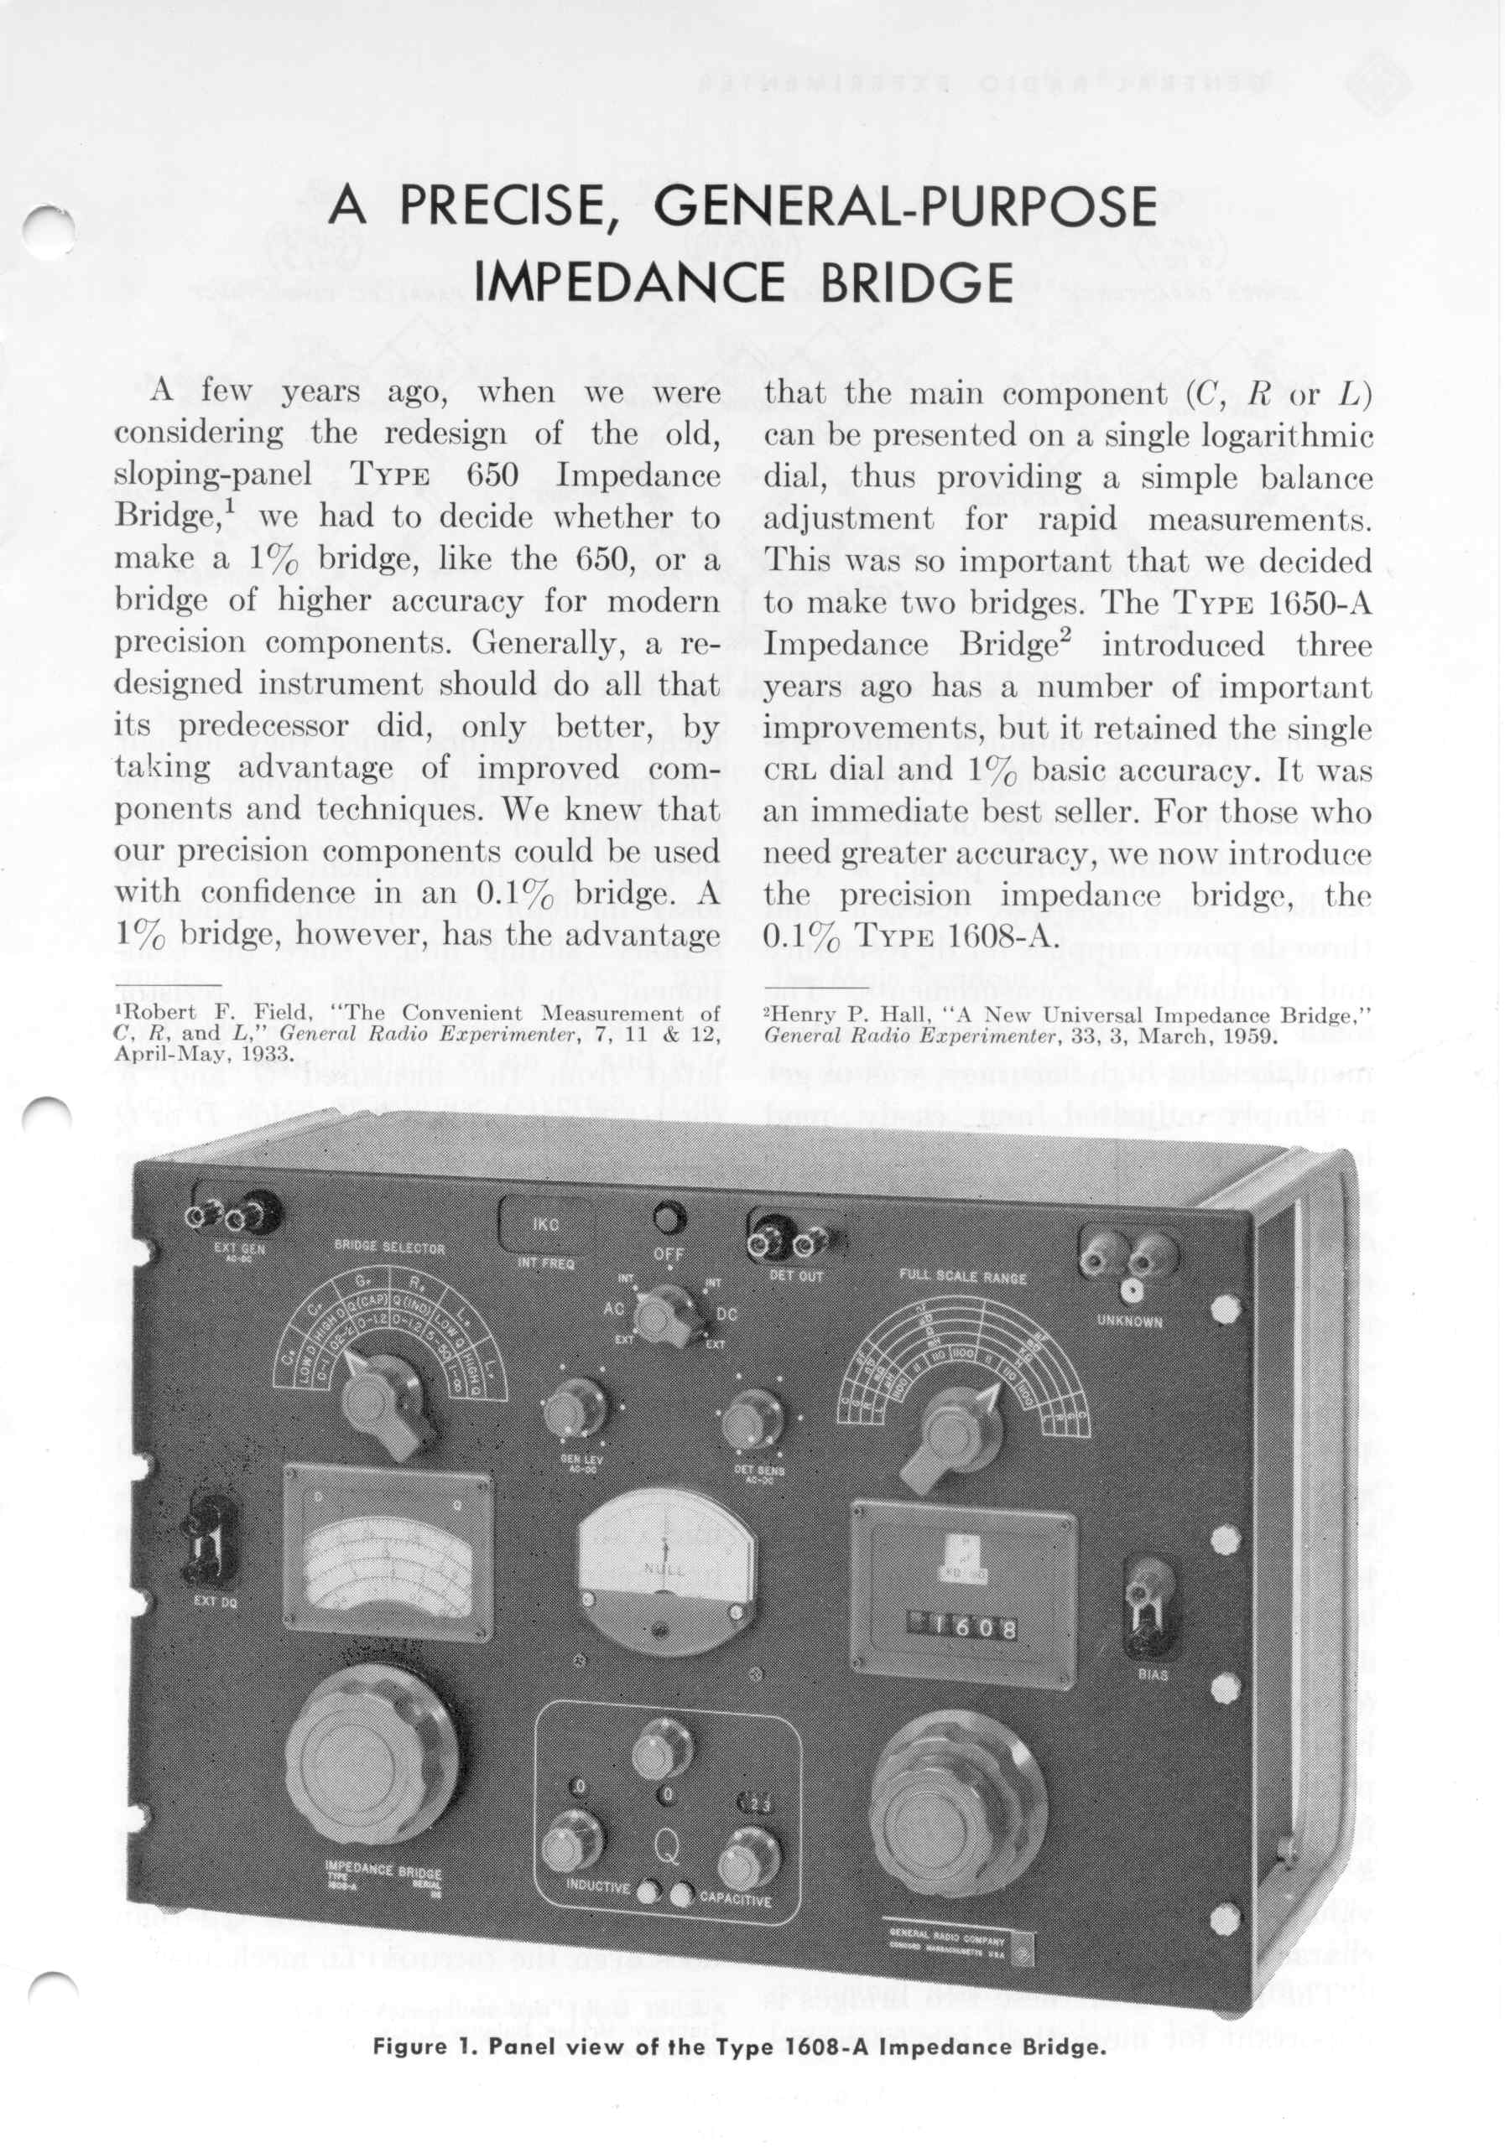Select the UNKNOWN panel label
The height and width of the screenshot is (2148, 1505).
1130,1322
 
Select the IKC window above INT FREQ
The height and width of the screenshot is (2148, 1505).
545,1225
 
